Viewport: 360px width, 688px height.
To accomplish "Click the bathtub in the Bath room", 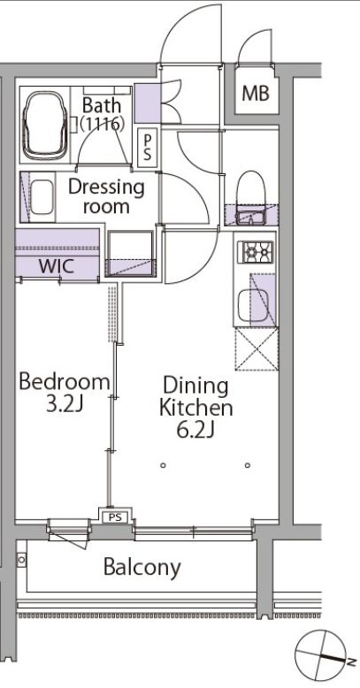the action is [46, 125].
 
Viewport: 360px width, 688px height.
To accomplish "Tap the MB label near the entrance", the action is [256, 93].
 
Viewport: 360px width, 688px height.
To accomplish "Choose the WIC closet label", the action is [57, 266].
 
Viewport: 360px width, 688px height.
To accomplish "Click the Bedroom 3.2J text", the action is [64, 393].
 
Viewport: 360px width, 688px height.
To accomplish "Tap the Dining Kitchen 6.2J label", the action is [195, 408].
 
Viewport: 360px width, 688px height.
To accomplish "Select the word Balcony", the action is [142, 568].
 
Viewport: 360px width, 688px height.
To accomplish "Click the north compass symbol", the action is [325, 657].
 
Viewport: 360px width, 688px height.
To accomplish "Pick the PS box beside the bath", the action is [148, 148].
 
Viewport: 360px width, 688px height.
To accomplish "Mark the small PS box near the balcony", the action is [115, 517].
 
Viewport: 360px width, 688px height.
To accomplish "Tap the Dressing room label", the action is [106, 196].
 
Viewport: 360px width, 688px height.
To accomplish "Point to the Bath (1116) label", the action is [102, 115].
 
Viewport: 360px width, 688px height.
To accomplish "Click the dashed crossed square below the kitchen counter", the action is [257, 348].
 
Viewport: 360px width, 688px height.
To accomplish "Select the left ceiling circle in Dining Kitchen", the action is [164, 465].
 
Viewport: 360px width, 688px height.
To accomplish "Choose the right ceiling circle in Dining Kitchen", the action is [247, 465].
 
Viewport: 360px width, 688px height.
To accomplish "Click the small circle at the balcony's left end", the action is [21, 560].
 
